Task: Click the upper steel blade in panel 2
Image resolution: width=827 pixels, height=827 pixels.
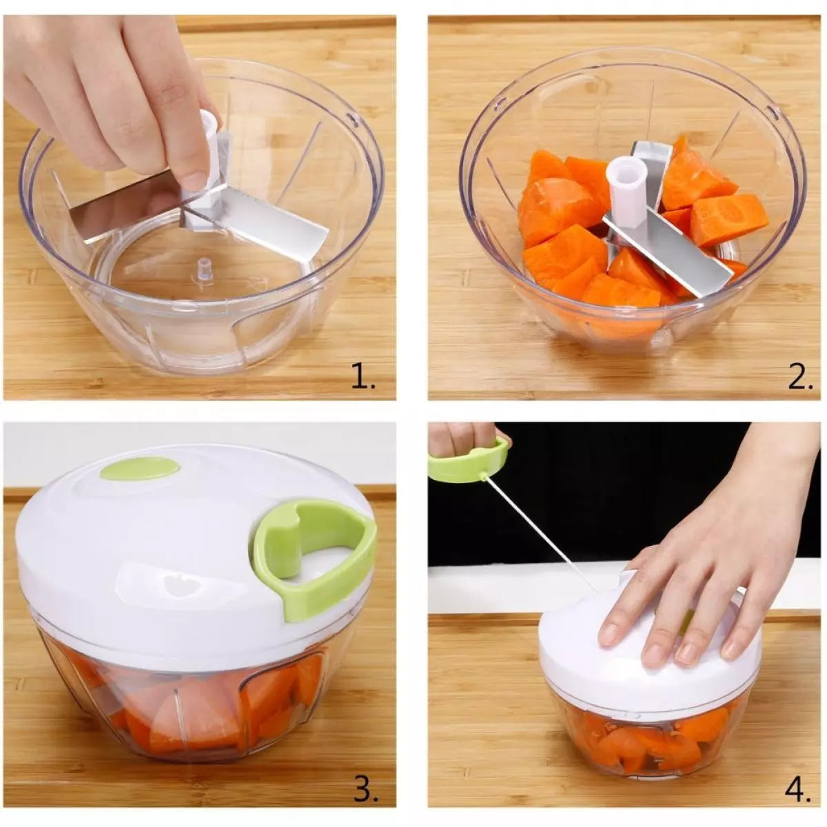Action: click(650, 161)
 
